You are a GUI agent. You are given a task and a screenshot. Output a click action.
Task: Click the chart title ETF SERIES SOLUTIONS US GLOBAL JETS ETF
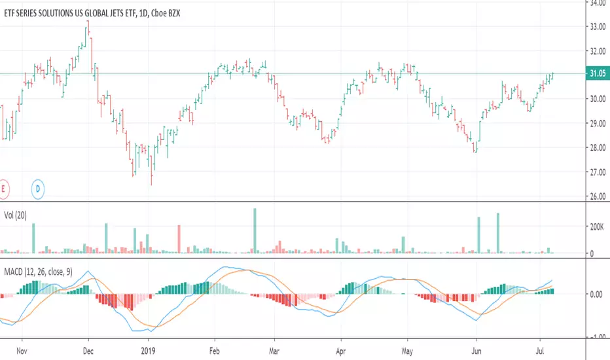click(70, 13)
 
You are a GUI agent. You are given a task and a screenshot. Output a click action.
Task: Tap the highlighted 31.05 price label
click(598, 73)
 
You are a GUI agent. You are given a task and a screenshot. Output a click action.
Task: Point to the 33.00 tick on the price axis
click(598, 27)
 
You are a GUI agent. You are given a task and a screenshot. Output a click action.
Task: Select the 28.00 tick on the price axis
click(598, 148)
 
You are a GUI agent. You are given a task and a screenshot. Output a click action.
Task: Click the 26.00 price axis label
click(598, 196)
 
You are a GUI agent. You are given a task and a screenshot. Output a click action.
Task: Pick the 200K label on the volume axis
click(597, 227)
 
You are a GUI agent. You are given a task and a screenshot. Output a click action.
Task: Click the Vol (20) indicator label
click(15, 215)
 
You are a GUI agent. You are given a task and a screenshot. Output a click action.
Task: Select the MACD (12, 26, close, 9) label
click(38, 272)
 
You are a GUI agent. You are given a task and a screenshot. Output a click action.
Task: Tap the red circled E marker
click(3, 189)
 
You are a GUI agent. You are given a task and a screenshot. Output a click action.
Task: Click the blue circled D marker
click(38, 189)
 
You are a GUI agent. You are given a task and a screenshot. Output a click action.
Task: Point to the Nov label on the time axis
click(22, 351)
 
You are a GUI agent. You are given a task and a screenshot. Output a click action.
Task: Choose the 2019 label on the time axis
click(148, 351)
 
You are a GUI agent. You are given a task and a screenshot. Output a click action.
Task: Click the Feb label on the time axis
click(215, 351)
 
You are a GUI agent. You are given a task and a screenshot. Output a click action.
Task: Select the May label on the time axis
click(407, 351)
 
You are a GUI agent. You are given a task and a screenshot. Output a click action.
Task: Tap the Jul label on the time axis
click(540, 351)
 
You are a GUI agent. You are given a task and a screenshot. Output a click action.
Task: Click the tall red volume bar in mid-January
click(179, 239)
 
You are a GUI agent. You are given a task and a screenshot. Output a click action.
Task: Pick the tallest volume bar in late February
click(255, 231)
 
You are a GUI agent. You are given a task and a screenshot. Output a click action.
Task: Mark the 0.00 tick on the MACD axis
click(596, 295)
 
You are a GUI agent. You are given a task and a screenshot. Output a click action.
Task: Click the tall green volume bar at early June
click(479, 235)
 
